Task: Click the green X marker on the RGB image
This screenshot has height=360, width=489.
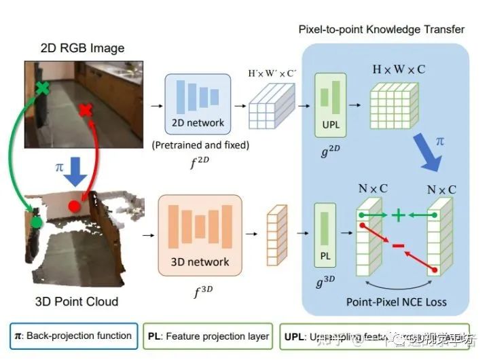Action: coord(42,88)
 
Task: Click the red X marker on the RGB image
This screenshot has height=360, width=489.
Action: coord(86,111)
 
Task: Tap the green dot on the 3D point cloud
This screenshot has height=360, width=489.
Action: coord(36,221)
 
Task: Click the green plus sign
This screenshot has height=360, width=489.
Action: coord(399,215)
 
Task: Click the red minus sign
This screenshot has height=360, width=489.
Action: coord(399,244)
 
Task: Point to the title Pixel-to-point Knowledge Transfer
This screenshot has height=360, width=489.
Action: coord(382,29)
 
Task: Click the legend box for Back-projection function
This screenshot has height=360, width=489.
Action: coord(73,336)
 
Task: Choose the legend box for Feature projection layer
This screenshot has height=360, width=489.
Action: coord(208,336)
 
